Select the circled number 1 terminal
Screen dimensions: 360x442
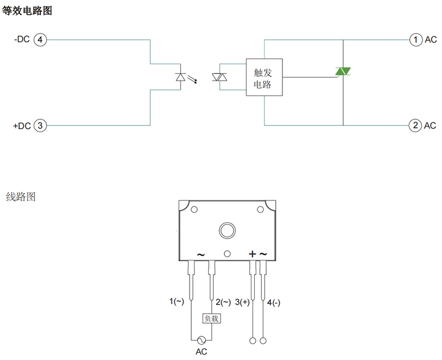tap(415, 40)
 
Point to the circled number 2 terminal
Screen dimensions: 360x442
tap(415, 126)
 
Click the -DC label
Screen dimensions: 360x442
tap(22, 40)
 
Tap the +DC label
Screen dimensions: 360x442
tap(22, 126)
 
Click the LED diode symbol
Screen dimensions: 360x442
tap(181, 77)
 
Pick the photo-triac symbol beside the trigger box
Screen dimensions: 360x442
tap(220, 77)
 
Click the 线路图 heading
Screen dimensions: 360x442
tap(20, 197)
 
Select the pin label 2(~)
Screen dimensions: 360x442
tap(223, 302)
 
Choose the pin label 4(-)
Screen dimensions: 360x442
tap(274, 302)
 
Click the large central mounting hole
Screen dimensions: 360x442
tap(227, 230)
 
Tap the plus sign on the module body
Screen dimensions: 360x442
tap(252, 254)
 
